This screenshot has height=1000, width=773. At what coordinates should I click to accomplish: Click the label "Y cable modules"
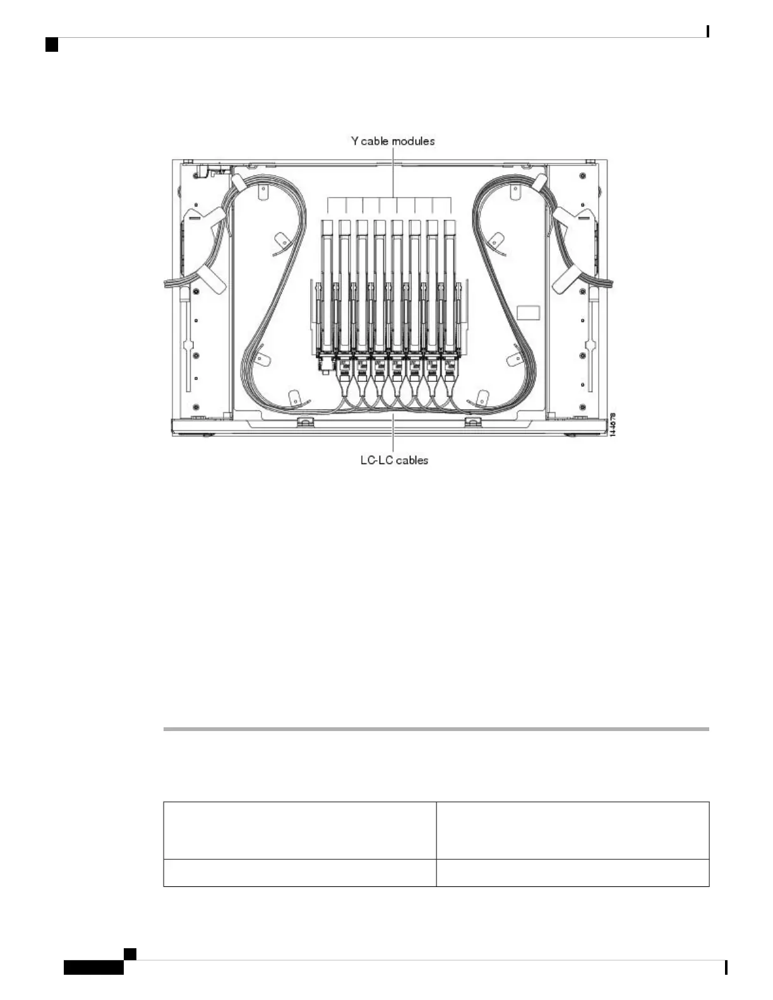coord(393,141)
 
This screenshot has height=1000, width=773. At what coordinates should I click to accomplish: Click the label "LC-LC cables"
coord(394,460)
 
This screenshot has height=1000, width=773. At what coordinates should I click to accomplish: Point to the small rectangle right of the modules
coord(529,313)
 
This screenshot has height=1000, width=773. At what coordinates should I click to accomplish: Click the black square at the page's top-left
coord(52,45)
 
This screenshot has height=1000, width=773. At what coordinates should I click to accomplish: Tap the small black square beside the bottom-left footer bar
coord(129,953)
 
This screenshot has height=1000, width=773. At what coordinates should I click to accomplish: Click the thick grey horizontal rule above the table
coord(436,729)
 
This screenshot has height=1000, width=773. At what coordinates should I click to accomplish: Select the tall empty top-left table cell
coord(299,830)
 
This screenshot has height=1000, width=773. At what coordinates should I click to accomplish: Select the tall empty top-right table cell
coord(573,830)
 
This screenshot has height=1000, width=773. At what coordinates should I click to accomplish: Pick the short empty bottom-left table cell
coord(299,872)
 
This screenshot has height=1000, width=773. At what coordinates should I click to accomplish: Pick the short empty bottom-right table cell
coord(573,872)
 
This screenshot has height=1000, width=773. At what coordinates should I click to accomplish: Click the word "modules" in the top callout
coord(413,141)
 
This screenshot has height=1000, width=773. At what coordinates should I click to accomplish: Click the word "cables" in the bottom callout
coord(412,460)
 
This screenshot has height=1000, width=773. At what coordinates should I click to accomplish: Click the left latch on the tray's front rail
coord(306,420)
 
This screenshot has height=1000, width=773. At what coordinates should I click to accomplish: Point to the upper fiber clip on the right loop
coord(496,241)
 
